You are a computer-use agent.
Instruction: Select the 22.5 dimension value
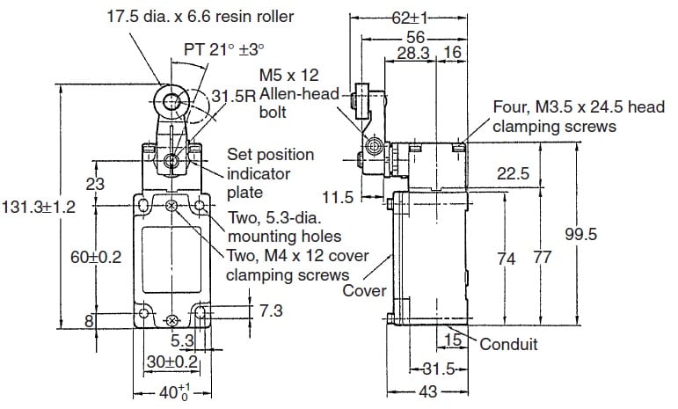[513, 174]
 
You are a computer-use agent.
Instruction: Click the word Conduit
[508, 344]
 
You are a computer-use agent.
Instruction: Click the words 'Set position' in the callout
[270, 155]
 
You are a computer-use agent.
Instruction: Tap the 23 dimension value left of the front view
[96, 184]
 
